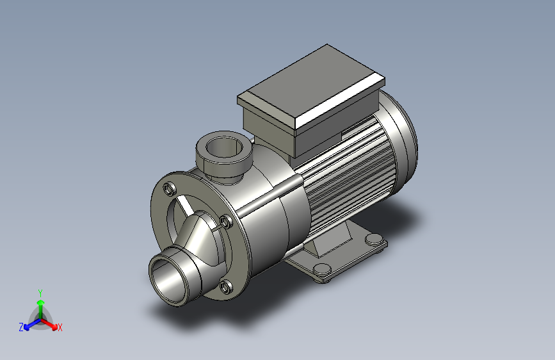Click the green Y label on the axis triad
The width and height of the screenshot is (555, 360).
[40, 293]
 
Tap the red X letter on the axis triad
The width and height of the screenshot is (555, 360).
[60, 327]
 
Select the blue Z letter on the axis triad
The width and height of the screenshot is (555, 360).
[21, 327]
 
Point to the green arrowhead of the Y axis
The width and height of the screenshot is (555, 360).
[41, 302]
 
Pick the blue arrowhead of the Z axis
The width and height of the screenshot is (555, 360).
[27, 327]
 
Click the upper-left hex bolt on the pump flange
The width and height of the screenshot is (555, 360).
[170, 188]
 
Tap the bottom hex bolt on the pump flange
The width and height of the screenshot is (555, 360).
[226, 286]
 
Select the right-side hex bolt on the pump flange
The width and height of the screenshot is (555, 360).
[226, 222]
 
